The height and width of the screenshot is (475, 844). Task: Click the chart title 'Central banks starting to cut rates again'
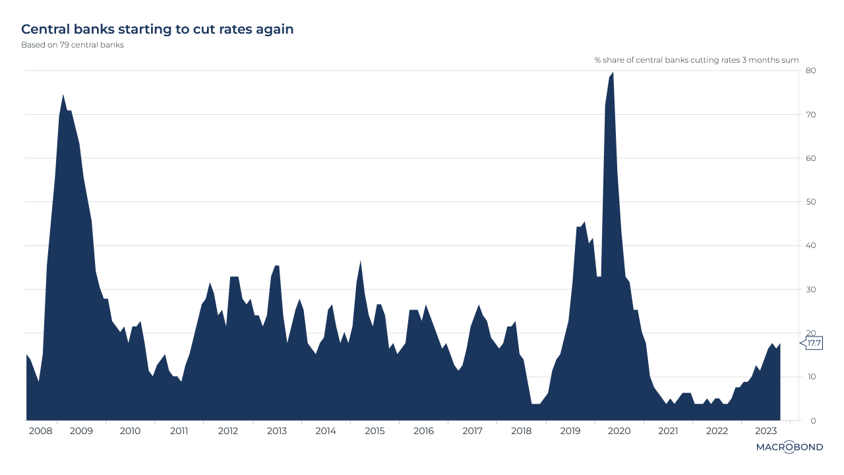[157, 29]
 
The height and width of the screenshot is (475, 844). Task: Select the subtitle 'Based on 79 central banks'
[73, 45]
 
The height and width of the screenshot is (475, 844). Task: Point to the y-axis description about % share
[696, 60]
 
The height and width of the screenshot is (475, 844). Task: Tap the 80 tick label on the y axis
[811, 71]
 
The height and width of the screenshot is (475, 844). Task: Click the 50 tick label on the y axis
[811, 202]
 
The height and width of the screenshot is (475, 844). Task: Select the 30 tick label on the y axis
[811, 290]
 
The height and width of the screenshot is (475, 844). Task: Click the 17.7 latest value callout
[813, 343]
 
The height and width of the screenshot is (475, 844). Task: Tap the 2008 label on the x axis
[41, 431]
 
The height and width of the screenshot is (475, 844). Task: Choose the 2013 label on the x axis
[277, 431]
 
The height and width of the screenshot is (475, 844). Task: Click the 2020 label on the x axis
[619, 431]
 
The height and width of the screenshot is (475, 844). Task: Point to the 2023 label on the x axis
[766, 431]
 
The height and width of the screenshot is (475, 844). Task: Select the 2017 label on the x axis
[472, 431]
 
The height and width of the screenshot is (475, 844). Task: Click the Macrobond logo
[789, 447]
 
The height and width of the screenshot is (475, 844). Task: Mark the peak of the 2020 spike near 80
[613, 73]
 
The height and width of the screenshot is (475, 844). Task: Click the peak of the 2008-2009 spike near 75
[63, 94]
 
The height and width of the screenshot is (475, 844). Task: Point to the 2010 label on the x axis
[130, 431]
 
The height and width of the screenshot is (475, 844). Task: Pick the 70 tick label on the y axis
[811, 115]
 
